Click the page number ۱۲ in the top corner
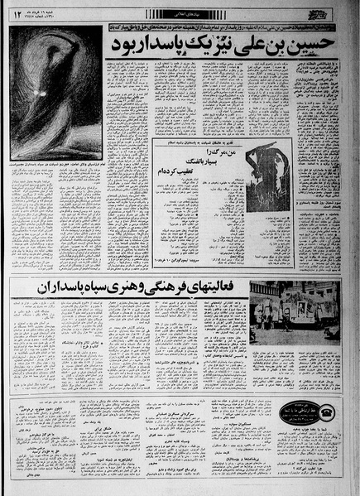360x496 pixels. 15,12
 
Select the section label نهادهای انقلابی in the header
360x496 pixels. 178,12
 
